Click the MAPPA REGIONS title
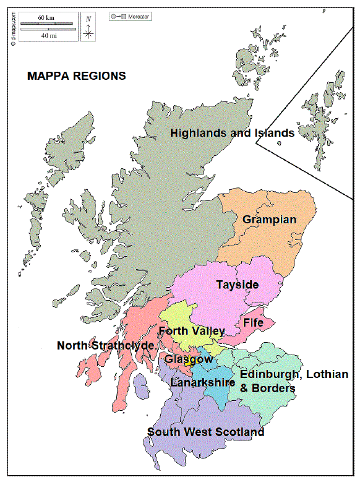point(77,76)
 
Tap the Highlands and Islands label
point(232,132)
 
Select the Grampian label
point(269,220)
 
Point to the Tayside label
point(237,285)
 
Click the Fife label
point(253,323)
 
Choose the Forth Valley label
point(192,331)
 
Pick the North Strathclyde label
point(105,345)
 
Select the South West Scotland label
point(205,432)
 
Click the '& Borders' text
point(267,388)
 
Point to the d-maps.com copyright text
point(12,30)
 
